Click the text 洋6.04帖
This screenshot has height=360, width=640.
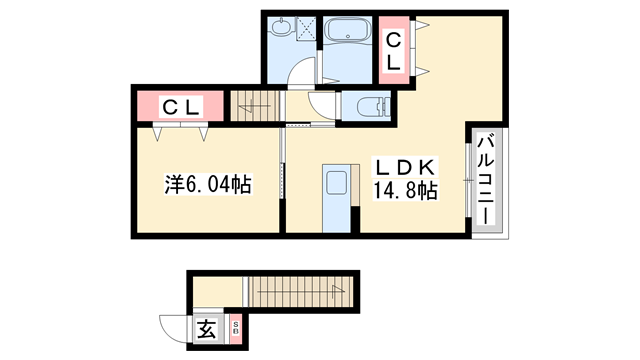[207, 185]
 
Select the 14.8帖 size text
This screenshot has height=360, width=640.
[404, 190]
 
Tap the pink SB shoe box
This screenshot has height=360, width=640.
[236, 326]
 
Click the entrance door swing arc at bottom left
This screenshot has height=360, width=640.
[173, 328]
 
